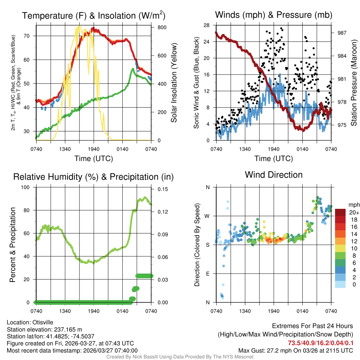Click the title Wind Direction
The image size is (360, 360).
(274, 175)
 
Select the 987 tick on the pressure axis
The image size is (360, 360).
(342, 33)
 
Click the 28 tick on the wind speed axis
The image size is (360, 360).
(207, 25)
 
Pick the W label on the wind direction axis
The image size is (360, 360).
(207, 216)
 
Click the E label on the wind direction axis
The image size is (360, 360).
(208, 274)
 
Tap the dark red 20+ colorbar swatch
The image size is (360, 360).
(340, 212)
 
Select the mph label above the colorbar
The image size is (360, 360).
(353, 205)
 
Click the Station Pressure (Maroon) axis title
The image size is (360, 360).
(354, 82)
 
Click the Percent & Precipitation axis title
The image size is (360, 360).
(13, 245)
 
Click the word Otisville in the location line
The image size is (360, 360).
(44, 322)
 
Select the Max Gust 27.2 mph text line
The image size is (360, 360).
(295, 351)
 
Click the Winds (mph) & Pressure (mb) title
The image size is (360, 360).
(274, 15)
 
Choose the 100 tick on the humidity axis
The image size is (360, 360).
(27, 187)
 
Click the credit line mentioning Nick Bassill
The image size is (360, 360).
(180, 357)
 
